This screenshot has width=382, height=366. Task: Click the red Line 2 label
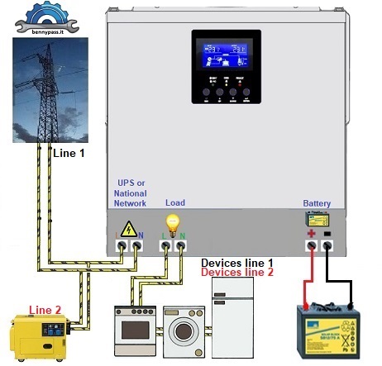45,309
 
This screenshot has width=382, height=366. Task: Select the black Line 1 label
69,153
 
